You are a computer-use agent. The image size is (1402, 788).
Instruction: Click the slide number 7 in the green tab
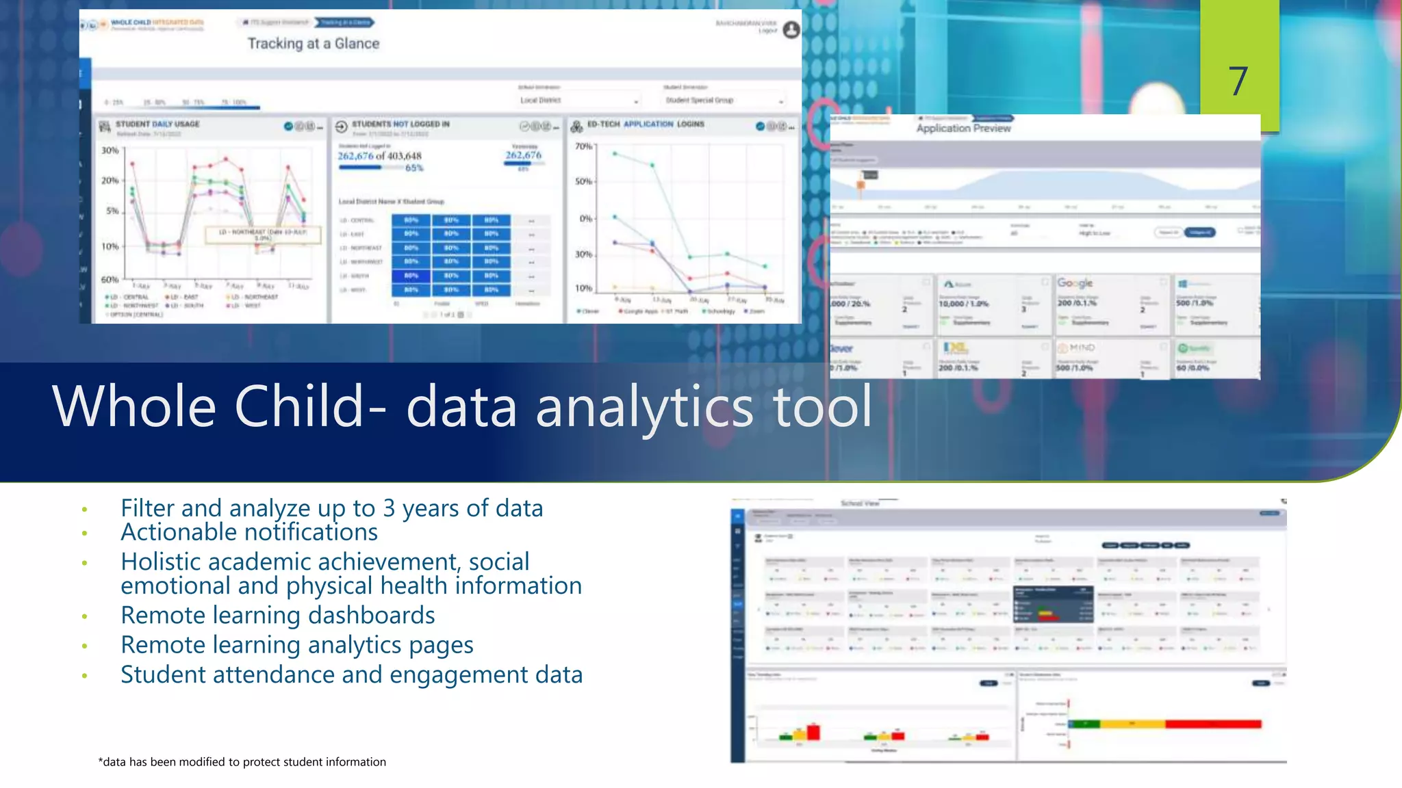(1238, 81)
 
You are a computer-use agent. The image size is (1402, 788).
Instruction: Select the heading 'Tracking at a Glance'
(313, 44)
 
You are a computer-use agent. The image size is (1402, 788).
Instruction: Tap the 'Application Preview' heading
(963, 128)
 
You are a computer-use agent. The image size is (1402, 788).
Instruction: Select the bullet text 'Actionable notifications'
(249, 532)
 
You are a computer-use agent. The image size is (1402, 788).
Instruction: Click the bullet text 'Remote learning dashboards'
(277, 615)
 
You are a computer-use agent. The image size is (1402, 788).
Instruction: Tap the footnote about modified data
(242, 762)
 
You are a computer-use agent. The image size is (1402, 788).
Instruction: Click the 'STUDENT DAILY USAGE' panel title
(157, 124)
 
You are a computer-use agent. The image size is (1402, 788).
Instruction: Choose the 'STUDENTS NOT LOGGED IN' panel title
(400, 124)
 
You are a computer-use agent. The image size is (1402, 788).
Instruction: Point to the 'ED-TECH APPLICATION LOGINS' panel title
(645, 124)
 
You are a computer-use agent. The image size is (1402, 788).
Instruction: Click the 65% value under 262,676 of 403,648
(414, 168)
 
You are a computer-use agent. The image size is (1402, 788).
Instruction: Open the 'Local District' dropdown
(578, 101)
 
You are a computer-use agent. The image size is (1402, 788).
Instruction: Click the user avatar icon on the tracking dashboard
(791, 29)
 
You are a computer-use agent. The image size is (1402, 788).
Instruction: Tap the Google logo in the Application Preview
(1075, 283)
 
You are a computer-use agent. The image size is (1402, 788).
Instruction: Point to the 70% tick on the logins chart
(583, 146)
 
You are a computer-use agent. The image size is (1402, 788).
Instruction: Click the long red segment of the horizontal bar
(1212, 724)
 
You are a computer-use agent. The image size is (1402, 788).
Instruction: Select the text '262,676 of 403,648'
(379, 156)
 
